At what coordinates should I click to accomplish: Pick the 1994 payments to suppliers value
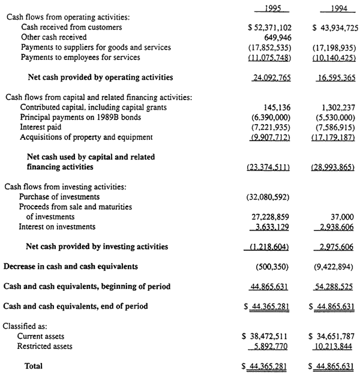332,47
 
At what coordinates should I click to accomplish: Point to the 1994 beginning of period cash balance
333,287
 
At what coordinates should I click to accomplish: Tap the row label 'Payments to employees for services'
80,58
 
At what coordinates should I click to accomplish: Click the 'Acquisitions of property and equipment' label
86,137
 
